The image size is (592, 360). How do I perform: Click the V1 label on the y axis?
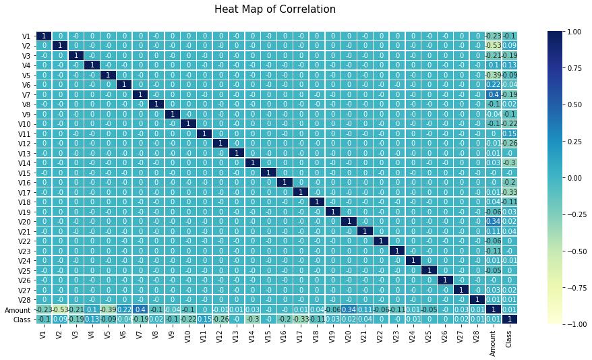[26, 36]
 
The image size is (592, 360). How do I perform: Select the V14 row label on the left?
[24, 162]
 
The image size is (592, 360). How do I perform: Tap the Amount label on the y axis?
[18, 309]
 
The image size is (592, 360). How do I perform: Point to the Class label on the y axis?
[21, 319]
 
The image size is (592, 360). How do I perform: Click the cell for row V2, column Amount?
[494, 45]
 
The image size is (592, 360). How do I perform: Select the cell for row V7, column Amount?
[494, 94]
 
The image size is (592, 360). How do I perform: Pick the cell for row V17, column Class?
[510, 192]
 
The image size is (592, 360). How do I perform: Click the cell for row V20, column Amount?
[494, 221]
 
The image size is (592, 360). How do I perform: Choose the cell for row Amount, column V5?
[109, 309]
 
